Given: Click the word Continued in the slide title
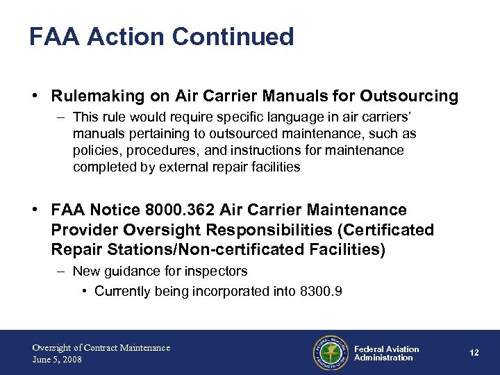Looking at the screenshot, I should (234, 36).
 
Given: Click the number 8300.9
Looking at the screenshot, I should (318, 291).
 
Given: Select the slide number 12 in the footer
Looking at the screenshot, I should (474, 353).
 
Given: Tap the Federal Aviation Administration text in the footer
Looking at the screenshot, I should (386, 353).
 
